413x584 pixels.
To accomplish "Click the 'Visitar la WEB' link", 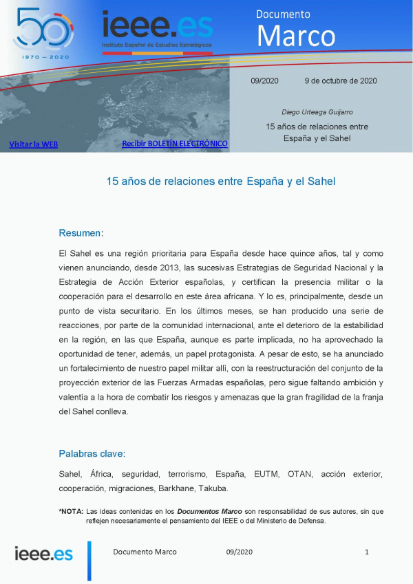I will (x=33, y=144).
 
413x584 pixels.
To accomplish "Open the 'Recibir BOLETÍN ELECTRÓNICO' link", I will (x=174, y=143).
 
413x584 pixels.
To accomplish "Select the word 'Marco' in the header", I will (x=296, y=36).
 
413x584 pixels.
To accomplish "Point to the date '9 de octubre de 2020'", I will (x=340, y=80).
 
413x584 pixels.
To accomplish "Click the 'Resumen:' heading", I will (x=81, y=232).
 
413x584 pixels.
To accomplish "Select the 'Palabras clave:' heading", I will (x=92, y=454).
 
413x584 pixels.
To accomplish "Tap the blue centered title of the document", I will (x=220, y=182).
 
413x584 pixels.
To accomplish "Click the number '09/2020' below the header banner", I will (x=264, y=80).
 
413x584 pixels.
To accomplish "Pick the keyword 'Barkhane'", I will (x=178, y=488).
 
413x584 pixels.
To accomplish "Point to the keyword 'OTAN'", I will (x=299, y=475).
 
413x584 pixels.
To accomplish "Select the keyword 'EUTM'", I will (x=266, y=475).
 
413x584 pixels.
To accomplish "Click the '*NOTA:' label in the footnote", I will (x=71, y=511).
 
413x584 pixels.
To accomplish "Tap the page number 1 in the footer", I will (x=367, y=552).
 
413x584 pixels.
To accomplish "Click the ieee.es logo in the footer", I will (x=43, y=553).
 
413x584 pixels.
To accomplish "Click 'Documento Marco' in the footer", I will (x=145, y=552).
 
